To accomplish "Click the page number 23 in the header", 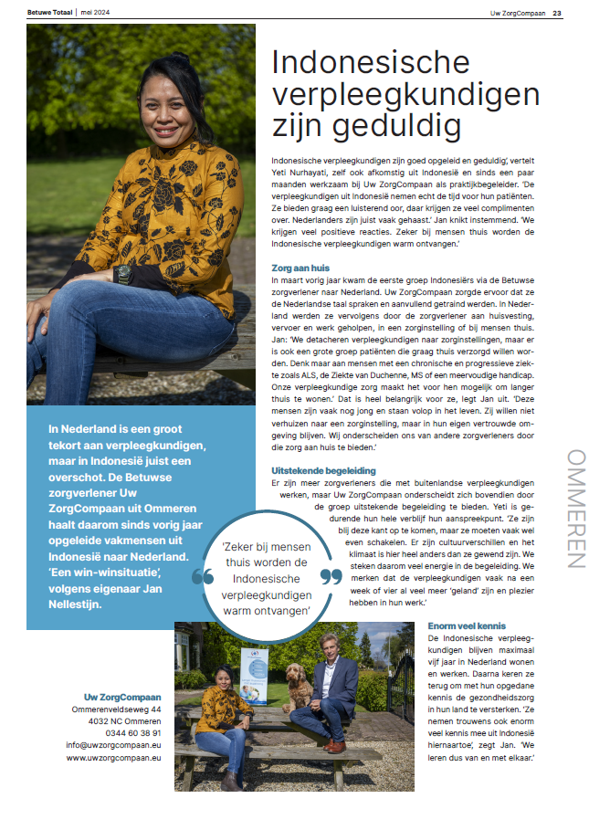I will [557, 13].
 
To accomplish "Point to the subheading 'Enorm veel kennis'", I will [468, 625].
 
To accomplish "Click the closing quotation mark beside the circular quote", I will [331, 577].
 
